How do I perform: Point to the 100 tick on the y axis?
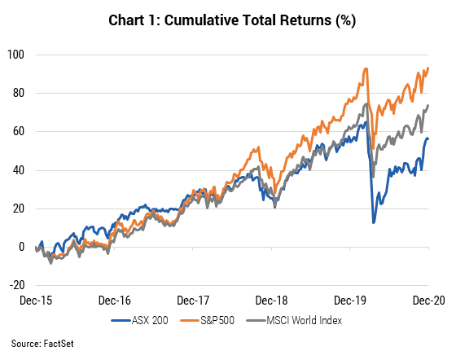pos(15,55)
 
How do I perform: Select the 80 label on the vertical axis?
pos(18,93)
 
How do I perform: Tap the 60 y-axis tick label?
pos(18,131)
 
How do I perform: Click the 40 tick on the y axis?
pos(18,170)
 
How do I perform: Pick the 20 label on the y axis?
pos(18,209)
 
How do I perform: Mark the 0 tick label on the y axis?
pos(21,247)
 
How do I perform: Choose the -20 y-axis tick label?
pos(17,285)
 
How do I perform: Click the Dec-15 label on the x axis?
pos(36,301)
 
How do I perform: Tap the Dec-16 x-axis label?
pos(115,301)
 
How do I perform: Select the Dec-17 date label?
pos(193,301)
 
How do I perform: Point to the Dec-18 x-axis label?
pos(272,301)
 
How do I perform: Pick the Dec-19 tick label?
pos(350,301)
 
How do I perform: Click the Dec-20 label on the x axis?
pos(429,301)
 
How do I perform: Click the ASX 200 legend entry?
pos(139,320)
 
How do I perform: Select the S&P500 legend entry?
pos(208,320)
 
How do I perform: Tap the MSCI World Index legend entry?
pos(294,320)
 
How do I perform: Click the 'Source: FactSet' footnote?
pos(42,344)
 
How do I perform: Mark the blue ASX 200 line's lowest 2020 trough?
pos(374,222)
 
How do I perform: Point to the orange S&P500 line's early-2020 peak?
pos(366,68)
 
